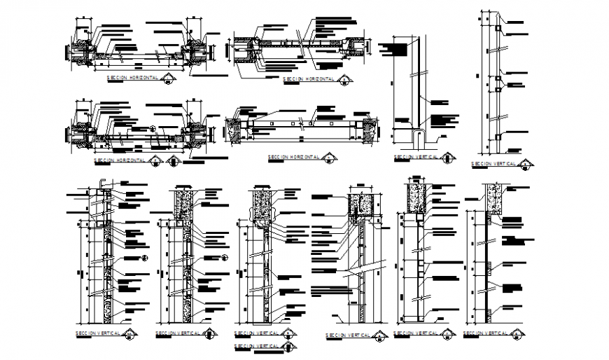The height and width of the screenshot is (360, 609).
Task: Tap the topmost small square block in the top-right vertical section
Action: tap(497, 28)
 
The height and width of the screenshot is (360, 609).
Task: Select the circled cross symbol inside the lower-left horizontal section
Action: tap(153, 128)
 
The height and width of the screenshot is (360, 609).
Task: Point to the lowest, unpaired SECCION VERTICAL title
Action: tap(258, 346)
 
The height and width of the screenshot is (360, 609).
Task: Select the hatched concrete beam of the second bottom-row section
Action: tap(184, 201)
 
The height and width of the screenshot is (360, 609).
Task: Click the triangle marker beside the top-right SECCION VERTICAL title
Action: tap(526, 164)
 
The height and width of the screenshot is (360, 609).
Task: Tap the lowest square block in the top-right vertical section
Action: tap(497, 135)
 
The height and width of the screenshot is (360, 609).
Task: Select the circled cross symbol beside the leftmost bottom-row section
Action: tap(145, 258)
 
